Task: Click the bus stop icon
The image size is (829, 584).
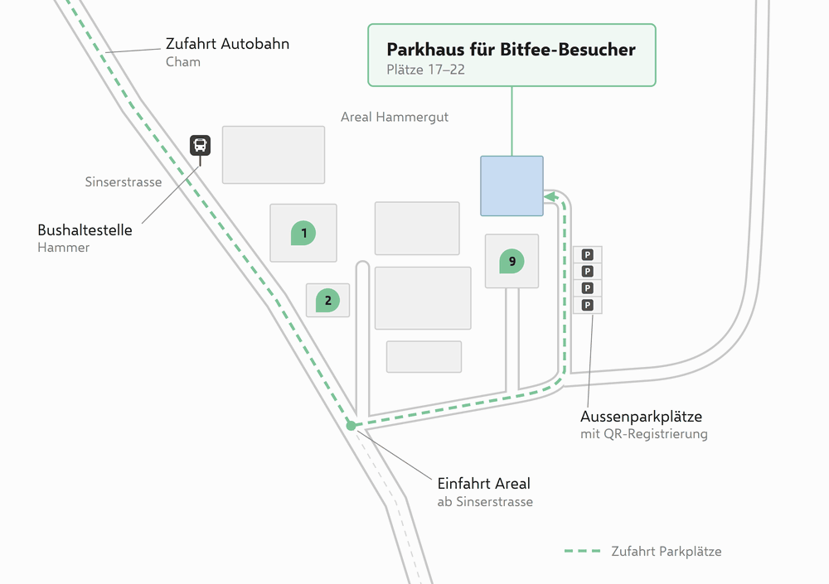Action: [x=201, y=145]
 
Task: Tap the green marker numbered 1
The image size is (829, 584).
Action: [x=303, y=233]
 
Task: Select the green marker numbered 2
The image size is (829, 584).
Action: [x=327, y=300]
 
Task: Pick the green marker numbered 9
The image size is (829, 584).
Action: [x=511, y=261]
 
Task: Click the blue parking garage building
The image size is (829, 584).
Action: [x=511, y=186]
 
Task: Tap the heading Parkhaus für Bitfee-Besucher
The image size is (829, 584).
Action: [x=511, y=49]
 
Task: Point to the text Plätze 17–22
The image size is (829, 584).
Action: [x=425, y=70]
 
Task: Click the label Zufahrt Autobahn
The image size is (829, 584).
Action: [x=227, y=43]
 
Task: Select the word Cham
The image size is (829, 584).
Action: [x=183, y=62]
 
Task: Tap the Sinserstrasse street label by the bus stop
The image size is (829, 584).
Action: [x=124, y=181]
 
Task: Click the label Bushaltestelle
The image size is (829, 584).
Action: [x=85, y=230]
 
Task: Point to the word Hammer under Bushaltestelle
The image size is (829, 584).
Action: [x=64, y=248]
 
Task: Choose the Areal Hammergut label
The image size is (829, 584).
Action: [x=395, y=117]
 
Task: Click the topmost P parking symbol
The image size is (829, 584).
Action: [x=588, y=255]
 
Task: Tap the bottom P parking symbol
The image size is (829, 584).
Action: [x=588, y=305]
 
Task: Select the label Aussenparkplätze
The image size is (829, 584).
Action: [x=642, y=417]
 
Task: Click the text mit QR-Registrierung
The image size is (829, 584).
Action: [x=644, y=434]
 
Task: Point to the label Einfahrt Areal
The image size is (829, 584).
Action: [x=484, y=484]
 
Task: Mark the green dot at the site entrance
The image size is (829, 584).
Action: [x=351, y=426]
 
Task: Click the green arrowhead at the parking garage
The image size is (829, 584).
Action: [x=550, y=197]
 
